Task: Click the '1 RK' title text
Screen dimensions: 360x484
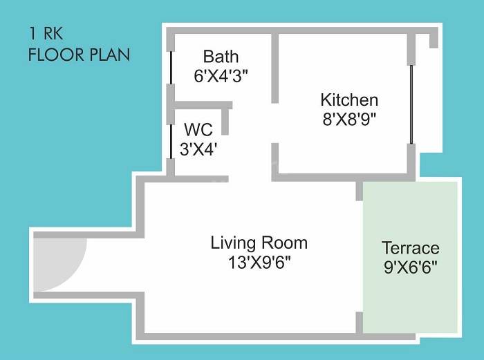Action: [44, 33]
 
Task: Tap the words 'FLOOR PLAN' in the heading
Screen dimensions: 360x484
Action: [79, 55]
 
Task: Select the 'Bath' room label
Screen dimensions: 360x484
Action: [221, 56]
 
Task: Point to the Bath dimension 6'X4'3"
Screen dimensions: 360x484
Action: [221, 75]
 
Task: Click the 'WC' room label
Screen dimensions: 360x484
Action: [198, 129]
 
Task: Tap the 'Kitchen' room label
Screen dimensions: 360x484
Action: [349, 100]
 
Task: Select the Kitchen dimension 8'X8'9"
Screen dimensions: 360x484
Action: [349, 118]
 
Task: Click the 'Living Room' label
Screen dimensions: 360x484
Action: [259, 243]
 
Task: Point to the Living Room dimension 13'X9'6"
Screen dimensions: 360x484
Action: [259, 263]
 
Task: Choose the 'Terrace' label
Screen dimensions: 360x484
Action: [411, 248]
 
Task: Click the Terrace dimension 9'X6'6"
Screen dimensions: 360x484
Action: [411, 267]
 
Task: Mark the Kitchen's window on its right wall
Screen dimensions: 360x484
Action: [411, 104]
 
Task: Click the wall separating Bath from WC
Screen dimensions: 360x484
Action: [201, 105]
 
